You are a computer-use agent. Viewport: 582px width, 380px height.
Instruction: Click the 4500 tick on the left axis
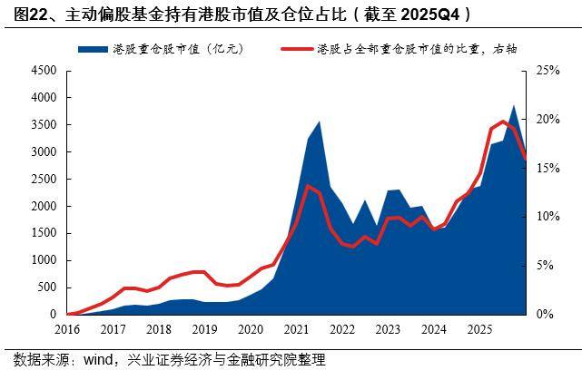pos(43,71)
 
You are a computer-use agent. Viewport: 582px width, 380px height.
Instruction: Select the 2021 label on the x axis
pos(296,328)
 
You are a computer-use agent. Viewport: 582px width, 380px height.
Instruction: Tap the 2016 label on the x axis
pos(68,328)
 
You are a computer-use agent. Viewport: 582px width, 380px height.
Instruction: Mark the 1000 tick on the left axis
pos(43,260)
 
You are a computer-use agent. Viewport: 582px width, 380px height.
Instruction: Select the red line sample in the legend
pos(295,48)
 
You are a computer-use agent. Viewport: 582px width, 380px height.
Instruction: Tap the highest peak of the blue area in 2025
pos(514,106)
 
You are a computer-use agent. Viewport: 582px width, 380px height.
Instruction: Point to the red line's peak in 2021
pos(308,186)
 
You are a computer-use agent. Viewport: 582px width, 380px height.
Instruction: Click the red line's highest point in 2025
pos(504,122)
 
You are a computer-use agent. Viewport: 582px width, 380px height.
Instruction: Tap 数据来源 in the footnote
pos(34,361)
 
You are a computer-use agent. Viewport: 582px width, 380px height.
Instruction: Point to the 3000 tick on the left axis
pos(43,151)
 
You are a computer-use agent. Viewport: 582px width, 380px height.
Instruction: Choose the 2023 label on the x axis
pos(387,328)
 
